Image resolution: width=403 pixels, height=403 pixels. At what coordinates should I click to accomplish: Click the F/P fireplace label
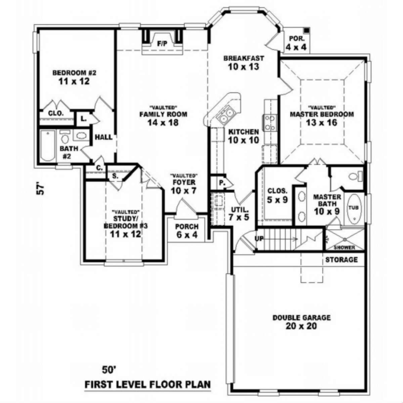(x=162, y=44)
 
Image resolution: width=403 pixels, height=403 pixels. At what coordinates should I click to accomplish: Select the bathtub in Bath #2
(x=48, y=145)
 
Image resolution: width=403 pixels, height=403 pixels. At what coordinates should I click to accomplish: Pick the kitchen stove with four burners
(x=270, y=123)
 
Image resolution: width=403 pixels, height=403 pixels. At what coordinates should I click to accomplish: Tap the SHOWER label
(x=345, y=248)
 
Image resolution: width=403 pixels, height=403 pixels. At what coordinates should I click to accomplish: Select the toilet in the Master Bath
(x=356, y=176)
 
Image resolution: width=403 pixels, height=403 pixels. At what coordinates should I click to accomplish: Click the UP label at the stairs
(x=259, y=238)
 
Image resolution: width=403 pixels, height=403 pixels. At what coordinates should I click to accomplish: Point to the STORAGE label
(x=342, y=260)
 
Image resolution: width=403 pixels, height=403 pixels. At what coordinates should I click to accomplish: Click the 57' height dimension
(x=40, y=189)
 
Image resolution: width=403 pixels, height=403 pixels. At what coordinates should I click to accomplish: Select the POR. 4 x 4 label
(x=296, y=43)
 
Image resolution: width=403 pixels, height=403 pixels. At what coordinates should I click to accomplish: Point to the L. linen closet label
(x=84, y=119)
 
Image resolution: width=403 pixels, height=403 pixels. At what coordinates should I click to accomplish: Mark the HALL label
(x=103, y=137)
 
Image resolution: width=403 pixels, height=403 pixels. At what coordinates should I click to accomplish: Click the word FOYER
(x=184, y=182)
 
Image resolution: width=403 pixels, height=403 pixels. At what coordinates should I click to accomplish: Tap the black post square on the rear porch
(x=307, y=31)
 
